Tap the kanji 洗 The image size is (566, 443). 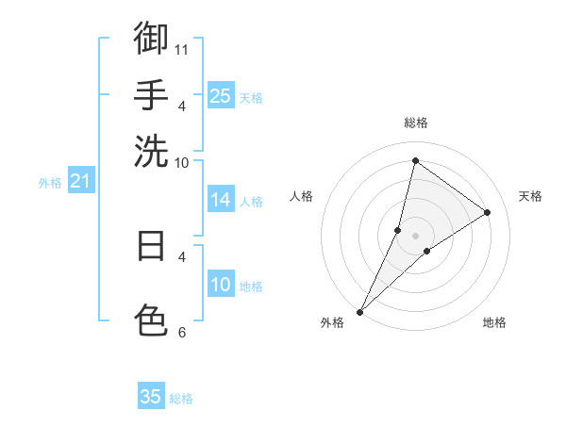(x=151, y=151)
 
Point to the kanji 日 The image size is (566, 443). (x=151, y=245)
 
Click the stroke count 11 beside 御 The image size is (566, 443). (x=182, y=48)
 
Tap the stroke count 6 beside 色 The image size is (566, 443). (x=182, y=331)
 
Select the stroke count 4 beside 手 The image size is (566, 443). (x=182, y=105)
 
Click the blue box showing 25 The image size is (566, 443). (x=220, y=95)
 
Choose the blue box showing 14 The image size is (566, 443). (x=220, y=199)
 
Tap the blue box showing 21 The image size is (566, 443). (x=79, y=180)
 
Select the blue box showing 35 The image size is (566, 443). (x=151, y=397)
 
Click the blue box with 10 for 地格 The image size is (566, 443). (x=220, y=285)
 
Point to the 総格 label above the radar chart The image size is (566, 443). (x=415, y=123)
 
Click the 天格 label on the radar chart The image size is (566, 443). (x=530, y=196)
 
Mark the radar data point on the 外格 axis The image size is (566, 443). (x=359, y=311)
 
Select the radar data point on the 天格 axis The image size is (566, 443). (x=488, y=212)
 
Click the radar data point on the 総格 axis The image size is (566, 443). (x=415, y=160)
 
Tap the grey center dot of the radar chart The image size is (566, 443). (x=415, y=236)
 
